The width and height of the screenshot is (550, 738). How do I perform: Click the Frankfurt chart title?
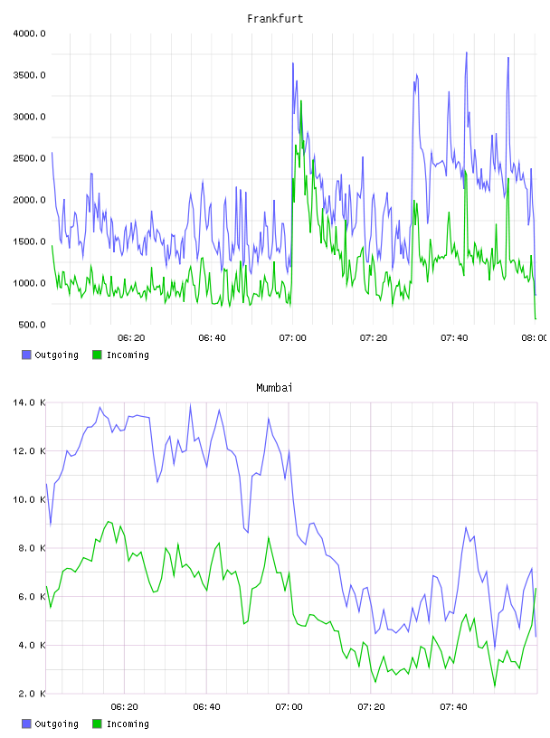[275, 19]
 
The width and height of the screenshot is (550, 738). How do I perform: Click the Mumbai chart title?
[274, 388]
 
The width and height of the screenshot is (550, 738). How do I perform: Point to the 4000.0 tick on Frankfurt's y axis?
[29, 33]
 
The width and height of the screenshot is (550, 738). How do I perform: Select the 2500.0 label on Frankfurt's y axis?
[29, 158]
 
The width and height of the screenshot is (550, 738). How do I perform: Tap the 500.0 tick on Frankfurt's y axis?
[32, 325]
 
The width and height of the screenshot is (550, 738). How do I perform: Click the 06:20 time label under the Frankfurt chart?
[131, 338]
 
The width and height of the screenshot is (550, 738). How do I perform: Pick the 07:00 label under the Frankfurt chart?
[292, 338]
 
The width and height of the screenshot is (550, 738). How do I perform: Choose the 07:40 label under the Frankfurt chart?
[454, 338]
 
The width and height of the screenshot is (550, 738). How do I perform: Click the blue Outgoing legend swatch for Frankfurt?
[26, 355]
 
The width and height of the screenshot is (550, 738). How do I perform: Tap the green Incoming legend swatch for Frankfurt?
[97, 355]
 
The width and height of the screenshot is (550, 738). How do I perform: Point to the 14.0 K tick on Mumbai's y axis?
[29, 402]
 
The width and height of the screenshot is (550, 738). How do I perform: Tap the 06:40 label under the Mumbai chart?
[207, 707]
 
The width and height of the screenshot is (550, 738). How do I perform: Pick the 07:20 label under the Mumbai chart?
[371, 707]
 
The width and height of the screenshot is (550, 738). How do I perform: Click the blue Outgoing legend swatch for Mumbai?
[26, 724]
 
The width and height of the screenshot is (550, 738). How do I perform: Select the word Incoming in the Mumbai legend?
[128, 724]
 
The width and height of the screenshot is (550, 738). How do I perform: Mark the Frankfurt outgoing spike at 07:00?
[293, 63]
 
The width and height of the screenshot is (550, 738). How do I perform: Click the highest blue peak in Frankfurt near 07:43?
[467, 52]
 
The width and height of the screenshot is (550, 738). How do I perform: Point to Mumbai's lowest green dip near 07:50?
[495, 686]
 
